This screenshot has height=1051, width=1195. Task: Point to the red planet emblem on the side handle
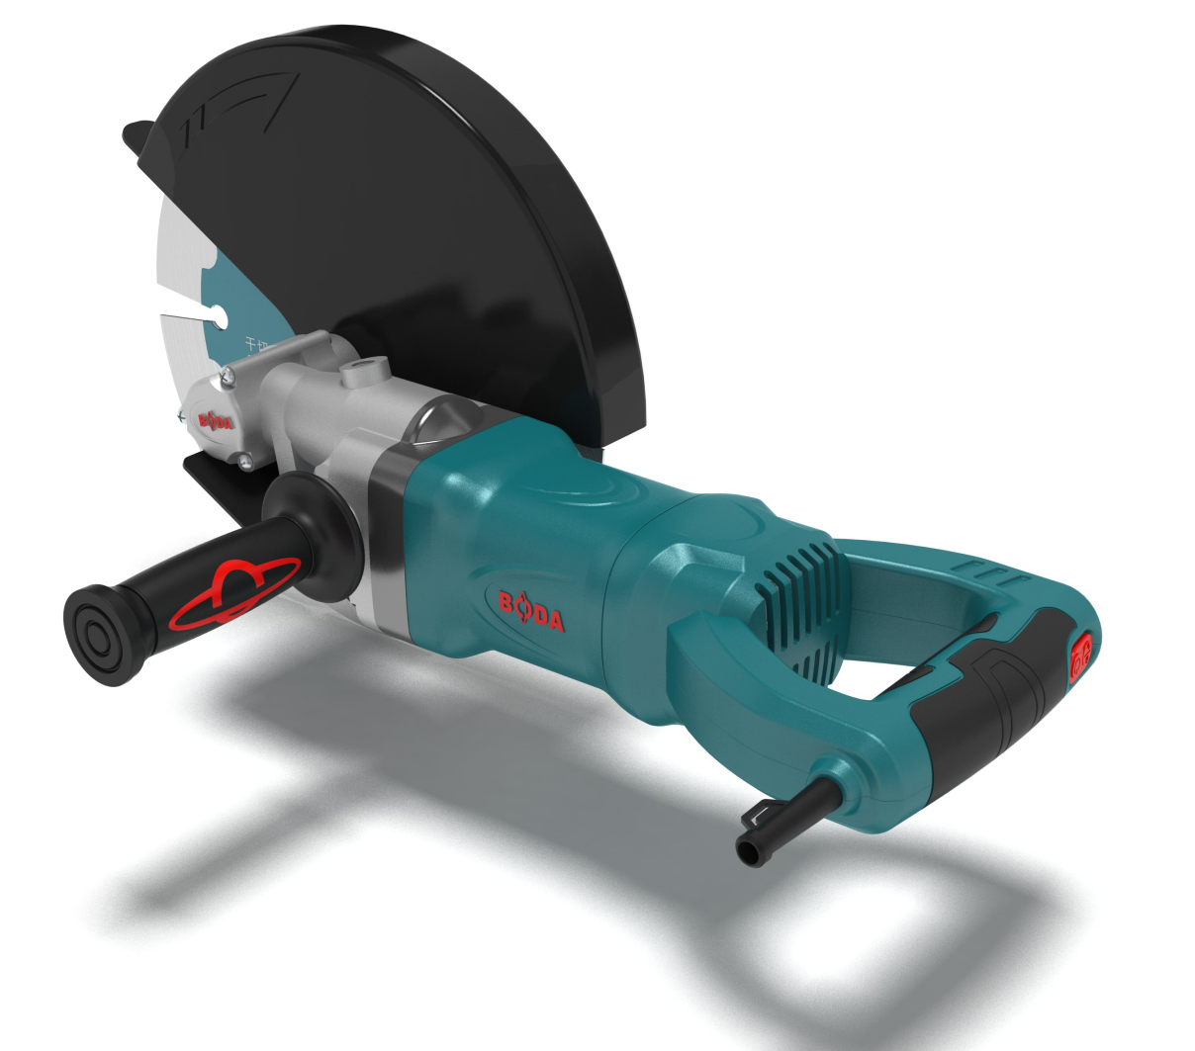[234, 593]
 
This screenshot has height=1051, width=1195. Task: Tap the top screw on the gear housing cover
[229, 373]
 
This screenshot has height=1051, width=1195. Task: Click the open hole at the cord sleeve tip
[748, 853]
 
